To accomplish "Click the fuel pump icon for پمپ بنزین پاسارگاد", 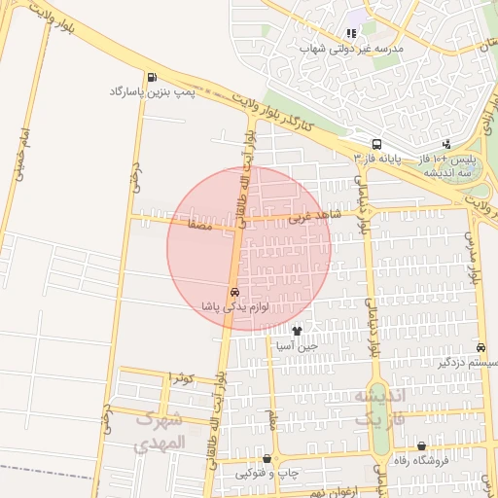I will pos(152,78).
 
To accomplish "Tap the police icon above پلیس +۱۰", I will pos(446,143).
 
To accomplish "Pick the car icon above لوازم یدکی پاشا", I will pos(234,292).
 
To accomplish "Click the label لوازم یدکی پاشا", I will pos(234,306).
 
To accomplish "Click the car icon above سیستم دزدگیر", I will pos(482,347).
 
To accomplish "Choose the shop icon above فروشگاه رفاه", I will pos(420,445).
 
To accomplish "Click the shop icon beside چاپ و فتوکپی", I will pos(267,458).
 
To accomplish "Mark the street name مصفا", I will pos(184,224).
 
